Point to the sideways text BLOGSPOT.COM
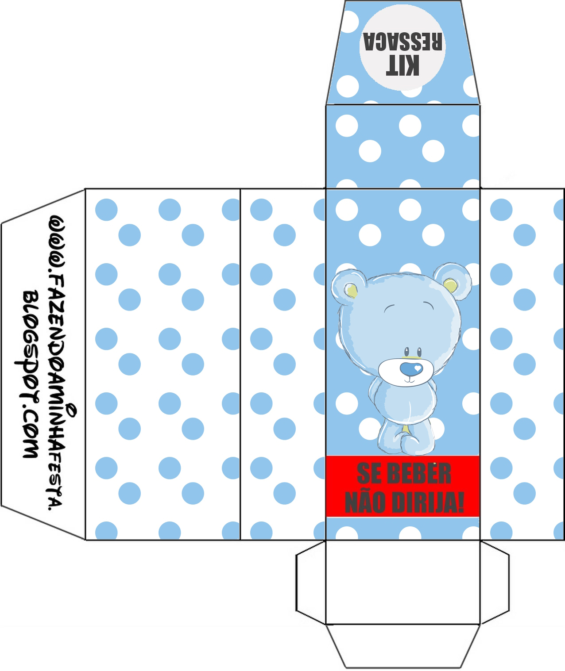[30, 374]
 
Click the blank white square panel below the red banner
[402, 581]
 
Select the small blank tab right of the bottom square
[495, 581]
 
